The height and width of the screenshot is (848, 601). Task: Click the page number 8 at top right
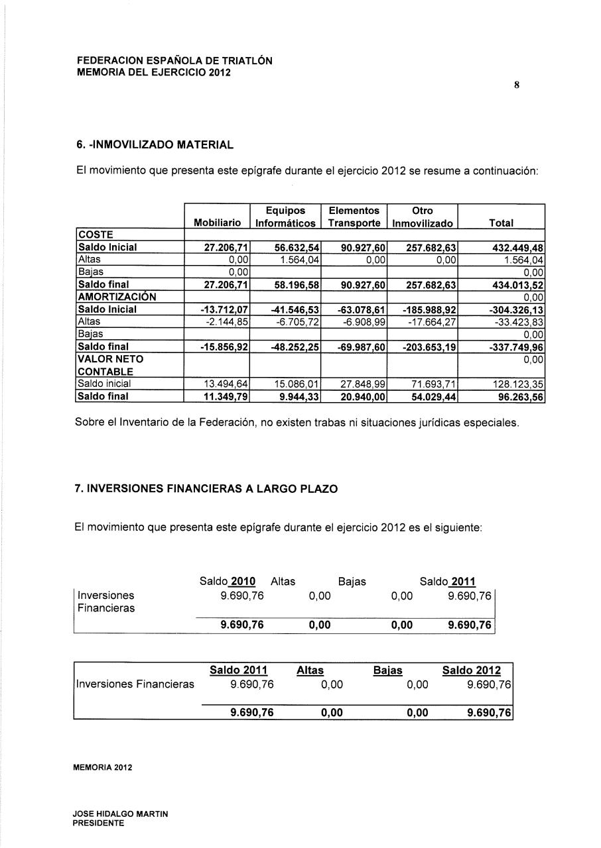click(515, 85)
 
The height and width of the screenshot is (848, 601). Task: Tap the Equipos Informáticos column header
click(285, 217)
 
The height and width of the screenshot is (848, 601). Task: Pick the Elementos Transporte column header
click(354, 217)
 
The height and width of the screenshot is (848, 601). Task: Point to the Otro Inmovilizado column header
click(422, 217)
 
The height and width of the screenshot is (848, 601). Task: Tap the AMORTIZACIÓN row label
click(117, 297)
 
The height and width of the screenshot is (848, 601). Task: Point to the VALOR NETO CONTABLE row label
click(105, 365)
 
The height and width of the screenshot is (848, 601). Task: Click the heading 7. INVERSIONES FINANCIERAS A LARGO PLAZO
click(206, 489)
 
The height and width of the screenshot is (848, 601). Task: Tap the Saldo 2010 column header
click(228, 582)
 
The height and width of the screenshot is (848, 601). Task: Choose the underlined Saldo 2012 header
click(472, 670)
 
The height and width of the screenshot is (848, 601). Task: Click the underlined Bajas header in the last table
click(387, 670)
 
